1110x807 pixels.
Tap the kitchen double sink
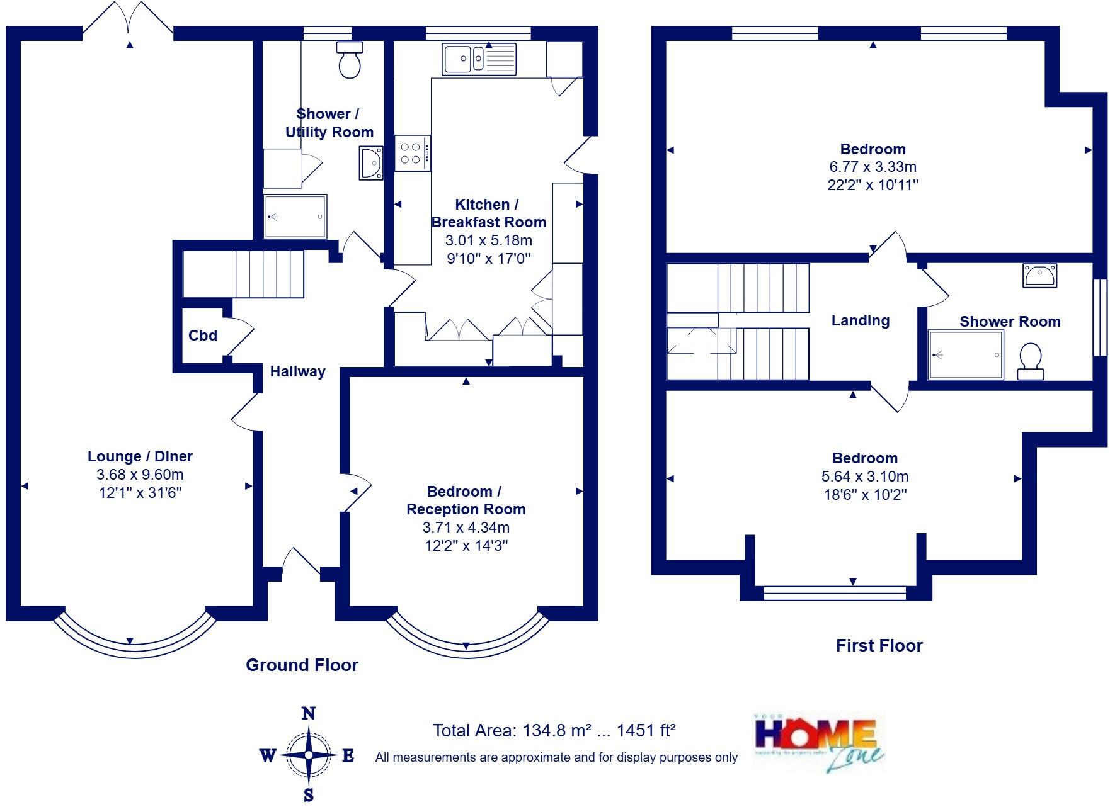tap(479, 59)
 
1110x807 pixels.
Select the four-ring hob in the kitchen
tap(413, 153)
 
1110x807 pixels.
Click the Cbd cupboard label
tap(203, 336)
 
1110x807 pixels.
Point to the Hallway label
tap(297, 371)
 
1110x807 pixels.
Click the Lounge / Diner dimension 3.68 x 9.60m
tap(140, 475)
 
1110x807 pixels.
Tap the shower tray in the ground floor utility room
tap(295, 217)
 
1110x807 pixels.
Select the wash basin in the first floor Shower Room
tap(1039, 276)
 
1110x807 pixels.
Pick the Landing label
tap(860, 320)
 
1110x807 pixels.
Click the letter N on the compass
tap(309, 713)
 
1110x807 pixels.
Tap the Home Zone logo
tap(819, 743)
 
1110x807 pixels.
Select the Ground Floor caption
tap(302, 665)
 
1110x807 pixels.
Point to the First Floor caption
tap(879, 645)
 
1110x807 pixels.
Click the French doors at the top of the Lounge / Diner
tap(128, 19)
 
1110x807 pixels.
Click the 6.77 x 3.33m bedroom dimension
tap(873, 167)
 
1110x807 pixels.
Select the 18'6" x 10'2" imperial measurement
tap(865, 495)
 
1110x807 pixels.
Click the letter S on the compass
tap(309, 794)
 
